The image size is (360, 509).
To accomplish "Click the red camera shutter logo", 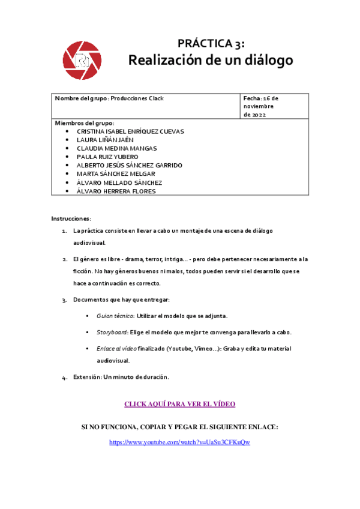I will coord(82,61).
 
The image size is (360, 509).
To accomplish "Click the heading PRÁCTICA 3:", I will coord(211,43).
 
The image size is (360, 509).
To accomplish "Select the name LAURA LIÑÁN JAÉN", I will coord(105,140).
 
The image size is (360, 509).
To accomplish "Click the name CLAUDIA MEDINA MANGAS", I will coord(117,148).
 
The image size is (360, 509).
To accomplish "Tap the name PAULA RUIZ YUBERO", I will coord(107,157).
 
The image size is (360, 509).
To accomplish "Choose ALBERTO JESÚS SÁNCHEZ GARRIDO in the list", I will coord(130,165).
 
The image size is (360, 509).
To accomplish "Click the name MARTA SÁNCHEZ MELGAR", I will coord(116,174).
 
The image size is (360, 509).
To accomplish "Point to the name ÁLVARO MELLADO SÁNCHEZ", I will coord(119,182).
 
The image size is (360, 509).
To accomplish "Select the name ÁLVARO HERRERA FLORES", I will coord(116,191).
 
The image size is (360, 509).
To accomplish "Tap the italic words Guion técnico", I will coord(115,316).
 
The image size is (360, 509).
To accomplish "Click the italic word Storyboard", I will coord(111,332).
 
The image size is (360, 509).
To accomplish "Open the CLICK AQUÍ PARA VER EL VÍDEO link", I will coord(179,404).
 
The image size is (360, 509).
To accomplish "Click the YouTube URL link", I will coord(179,442).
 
